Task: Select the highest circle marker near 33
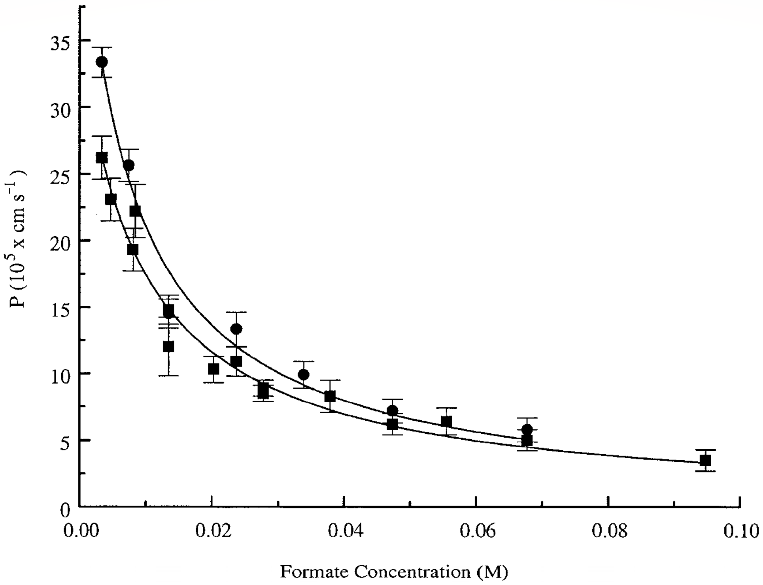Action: point(102,62)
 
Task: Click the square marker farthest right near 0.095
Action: point(705,460)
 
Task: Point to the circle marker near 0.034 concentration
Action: point(304,374)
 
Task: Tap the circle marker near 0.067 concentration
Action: point(527,429)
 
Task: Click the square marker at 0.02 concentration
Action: point(213,369)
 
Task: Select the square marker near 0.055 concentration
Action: point(446,421)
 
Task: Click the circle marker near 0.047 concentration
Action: point(392,410)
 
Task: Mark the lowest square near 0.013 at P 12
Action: point(168,347)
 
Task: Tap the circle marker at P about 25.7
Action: point(128,165)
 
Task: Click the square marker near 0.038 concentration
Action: point(330,396)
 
